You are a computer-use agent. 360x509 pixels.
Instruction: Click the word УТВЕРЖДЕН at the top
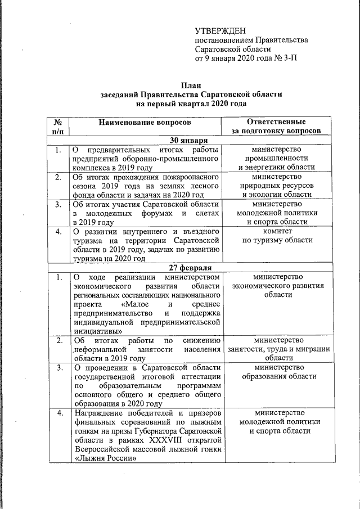pyautogui.click(x=220, y=30)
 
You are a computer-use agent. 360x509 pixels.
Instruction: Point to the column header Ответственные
pyautogui.click(x=276, y=122)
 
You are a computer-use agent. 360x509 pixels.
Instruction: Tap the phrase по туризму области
pyautogui.click(x=277, y=240)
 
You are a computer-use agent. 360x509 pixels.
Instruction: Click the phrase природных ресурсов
pyautogui.click(x=277, y=186)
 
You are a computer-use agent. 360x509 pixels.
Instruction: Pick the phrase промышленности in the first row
pyautogui.click(x=276, y=159)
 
